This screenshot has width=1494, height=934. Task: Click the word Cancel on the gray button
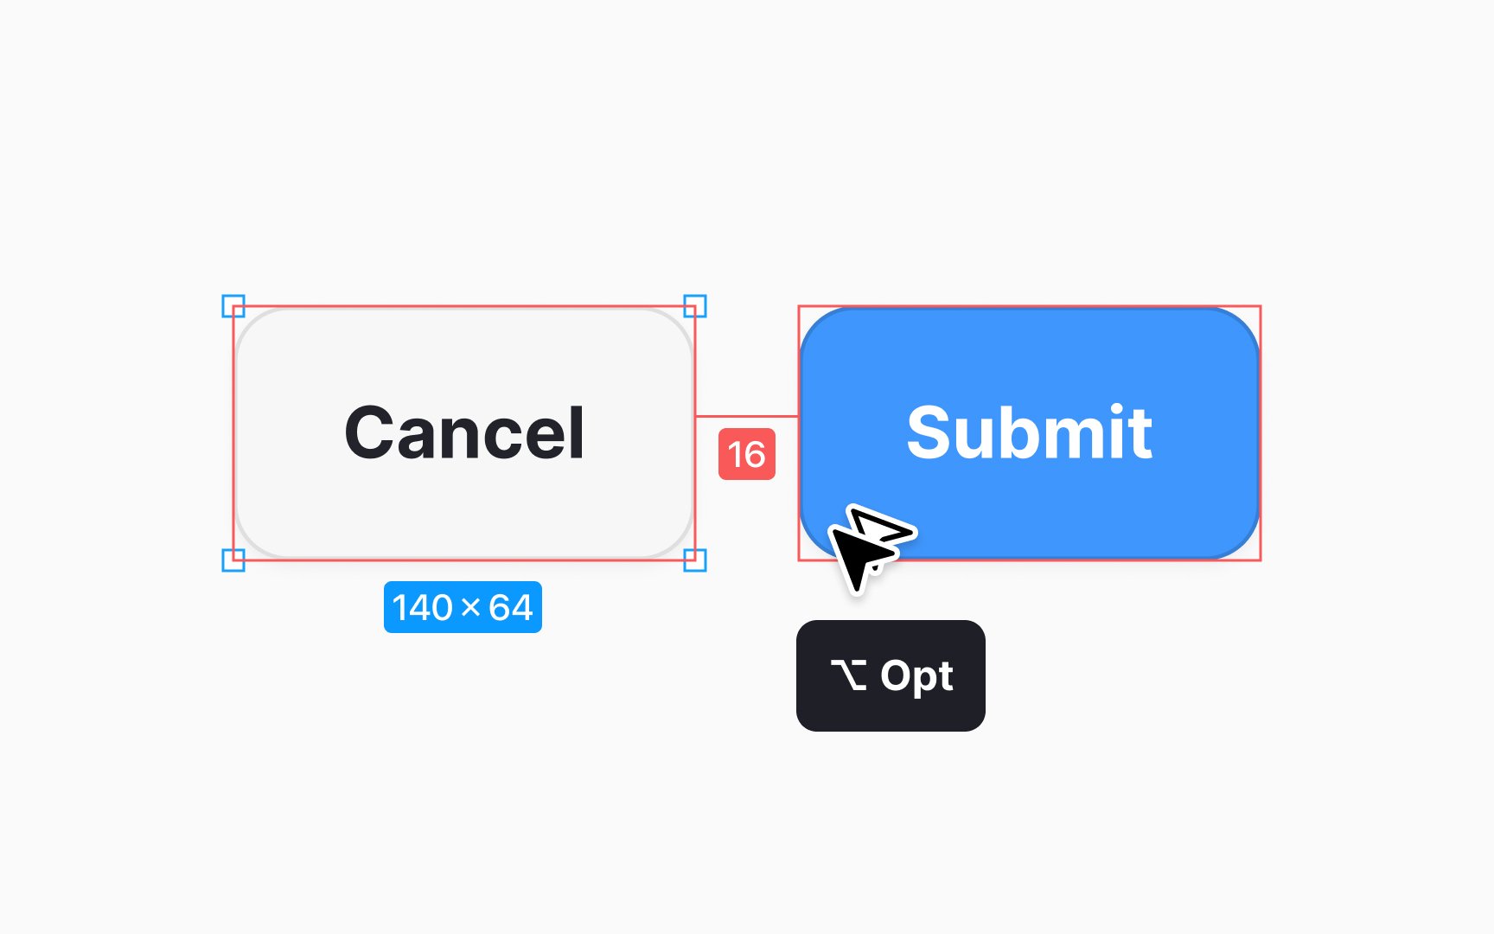(464, 432)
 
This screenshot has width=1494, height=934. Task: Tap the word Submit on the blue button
(1029, 432)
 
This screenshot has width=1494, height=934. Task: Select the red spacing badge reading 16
(747, 454)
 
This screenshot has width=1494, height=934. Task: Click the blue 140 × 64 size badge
(463, 607)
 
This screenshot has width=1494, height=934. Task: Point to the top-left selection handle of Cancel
(233, 306)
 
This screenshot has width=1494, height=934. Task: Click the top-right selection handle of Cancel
(695, 306)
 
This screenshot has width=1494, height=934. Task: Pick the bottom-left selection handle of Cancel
(233, 560)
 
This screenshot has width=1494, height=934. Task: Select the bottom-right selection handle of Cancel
(695, 560)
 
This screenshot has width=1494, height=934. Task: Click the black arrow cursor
(858, 553)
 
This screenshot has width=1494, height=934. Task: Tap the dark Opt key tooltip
(891, 675)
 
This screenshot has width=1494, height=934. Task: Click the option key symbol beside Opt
(848, 675)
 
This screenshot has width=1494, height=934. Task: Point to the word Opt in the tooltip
(916, 676)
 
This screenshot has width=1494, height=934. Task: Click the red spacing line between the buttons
(747, 416)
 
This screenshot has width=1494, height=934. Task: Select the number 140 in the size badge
(423, 607)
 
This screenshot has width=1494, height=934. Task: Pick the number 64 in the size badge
(511, 607)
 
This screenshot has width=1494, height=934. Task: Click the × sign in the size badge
(471, 608)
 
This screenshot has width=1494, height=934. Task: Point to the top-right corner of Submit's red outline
(1261, 306)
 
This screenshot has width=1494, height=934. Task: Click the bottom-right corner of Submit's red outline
(1261, 560)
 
